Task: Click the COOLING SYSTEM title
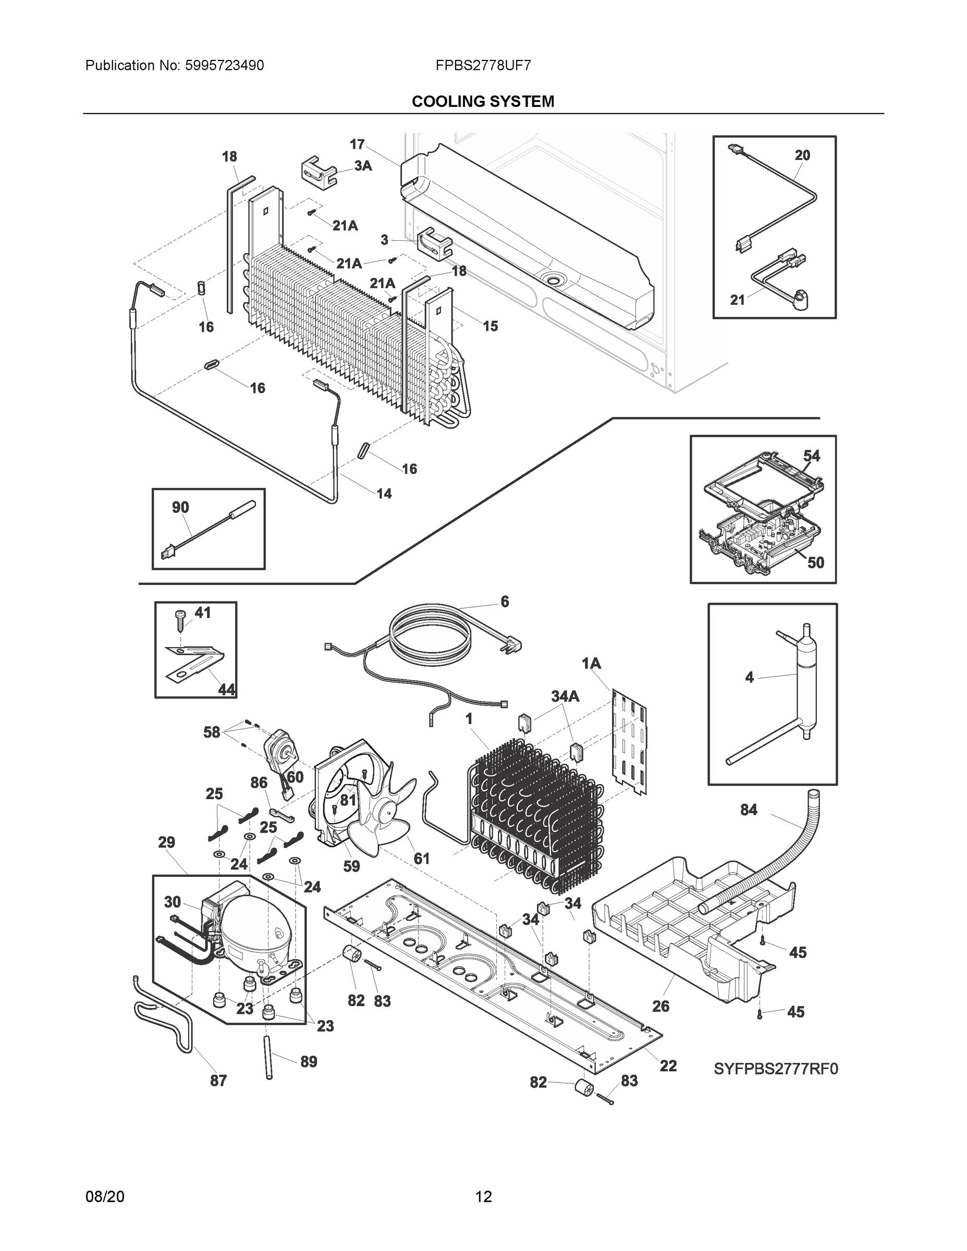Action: tap(483, 102)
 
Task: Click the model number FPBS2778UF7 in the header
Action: tap(483, 65)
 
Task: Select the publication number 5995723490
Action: tap(224, 65)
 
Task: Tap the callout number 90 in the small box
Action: tap(180, 507)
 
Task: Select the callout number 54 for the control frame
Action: tap(811, 456)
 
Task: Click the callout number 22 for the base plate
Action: tap(668, 1066)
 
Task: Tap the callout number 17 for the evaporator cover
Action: tap(358, 144)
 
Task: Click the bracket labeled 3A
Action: tap(318, 170)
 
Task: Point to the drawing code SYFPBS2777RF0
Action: tap(776, 1069)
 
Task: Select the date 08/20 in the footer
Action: tap(105, 1197)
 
